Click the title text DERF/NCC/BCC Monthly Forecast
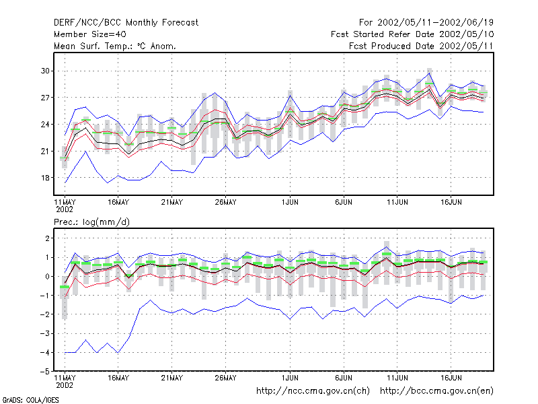click(126, 23)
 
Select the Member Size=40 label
click(90, 34)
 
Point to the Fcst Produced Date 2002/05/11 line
click(421, 46)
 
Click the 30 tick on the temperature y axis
click(45, 71)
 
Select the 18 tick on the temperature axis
click(45, 178)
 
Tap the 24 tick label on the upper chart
click(45, 125)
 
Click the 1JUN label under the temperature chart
click(290, 203)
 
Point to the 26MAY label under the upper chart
click(225, 203)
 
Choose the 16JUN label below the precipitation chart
click(451, 378)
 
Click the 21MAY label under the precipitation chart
click(171, 378)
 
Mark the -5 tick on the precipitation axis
click(44, 372)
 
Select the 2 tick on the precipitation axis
click(47, 238)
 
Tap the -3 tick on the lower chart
click(44, 333)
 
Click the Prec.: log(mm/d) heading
click(91, 222)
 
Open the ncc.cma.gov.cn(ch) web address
click(313, 391)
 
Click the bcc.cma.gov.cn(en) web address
click(436, 391)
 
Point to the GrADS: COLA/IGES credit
click(30, 400)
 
